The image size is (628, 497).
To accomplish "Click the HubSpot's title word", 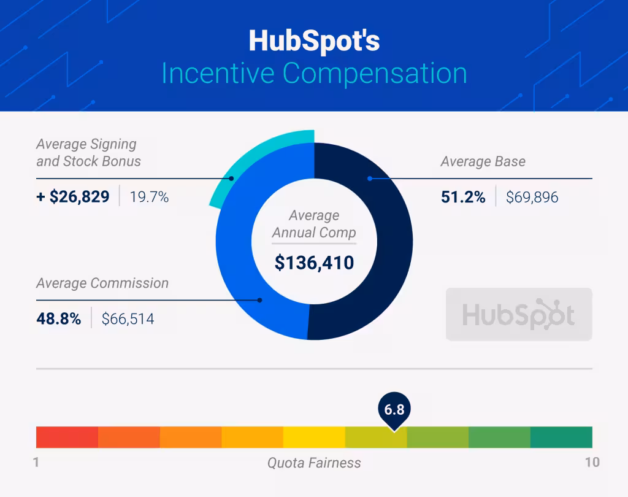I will (x=314, y=40).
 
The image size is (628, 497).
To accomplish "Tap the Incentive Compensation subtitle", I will (x=314, y=73).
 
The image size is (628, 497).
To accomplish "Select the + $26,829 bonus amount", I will (x=73, y=197).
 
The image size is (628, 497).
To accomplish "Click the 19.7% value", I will (x=149, y=198).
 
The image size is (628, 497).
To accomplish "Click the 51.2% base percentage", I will (x=463, y=197).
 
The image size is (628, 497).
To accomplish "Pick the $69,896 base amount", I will (x=532, y=198).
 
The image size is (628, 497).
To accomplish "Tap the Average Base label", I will (x=483, y=162).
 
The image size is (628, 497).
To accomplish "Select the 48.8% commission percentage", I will (x=58, y=318).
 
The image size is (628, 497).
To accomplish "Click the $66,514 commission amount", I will (x=128, y=319).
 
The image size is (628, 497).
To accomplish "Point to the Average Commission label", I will (x=102, y=283).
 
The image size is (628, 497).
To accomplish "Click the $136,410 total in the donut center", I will (x=314, y=263).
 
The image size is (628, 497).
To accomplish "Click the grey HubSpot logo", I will (x=519, y=314).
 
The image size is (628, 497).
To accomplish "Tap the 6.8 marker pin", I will (x=394, y=410).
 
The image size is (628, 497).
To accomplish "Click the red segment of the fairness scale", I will (x=67, y=437).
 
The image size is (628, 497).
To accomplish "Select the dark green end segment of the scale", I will (x=561, y=437).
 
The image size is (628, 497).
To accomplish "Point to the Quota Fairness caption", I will (x=314, y=463).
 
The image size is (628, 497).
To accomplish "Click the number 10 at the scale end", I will (x=592, y=462).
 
